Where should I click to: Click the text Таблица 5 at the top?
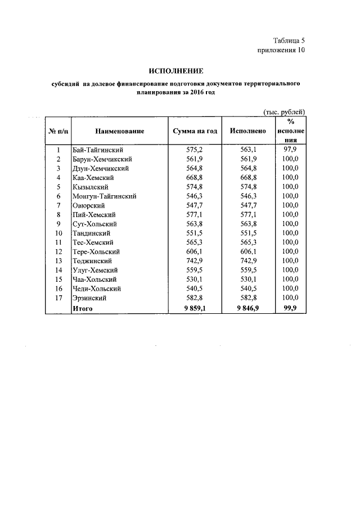click(289, 40)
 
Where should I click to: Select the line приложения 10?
click(281, 50)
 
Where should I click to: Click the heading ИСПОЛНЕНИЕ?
click(175, 71)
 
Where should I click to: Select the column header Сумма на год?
click(194, 131)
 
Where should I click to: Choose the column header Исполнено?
click(248, 131)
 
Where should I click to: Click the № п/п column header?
click(58, 131)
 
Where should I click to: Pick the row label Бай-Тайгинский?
click(97, 150)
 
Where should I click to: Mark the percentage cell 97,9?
click(290, 150)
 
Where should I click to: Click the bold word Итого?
click(82, 308)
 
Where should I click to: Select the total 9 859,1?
click(194, 308)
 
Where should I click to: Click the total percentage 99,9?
click(290, 308)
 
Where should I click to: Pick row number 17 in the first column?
click(58, 298)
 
